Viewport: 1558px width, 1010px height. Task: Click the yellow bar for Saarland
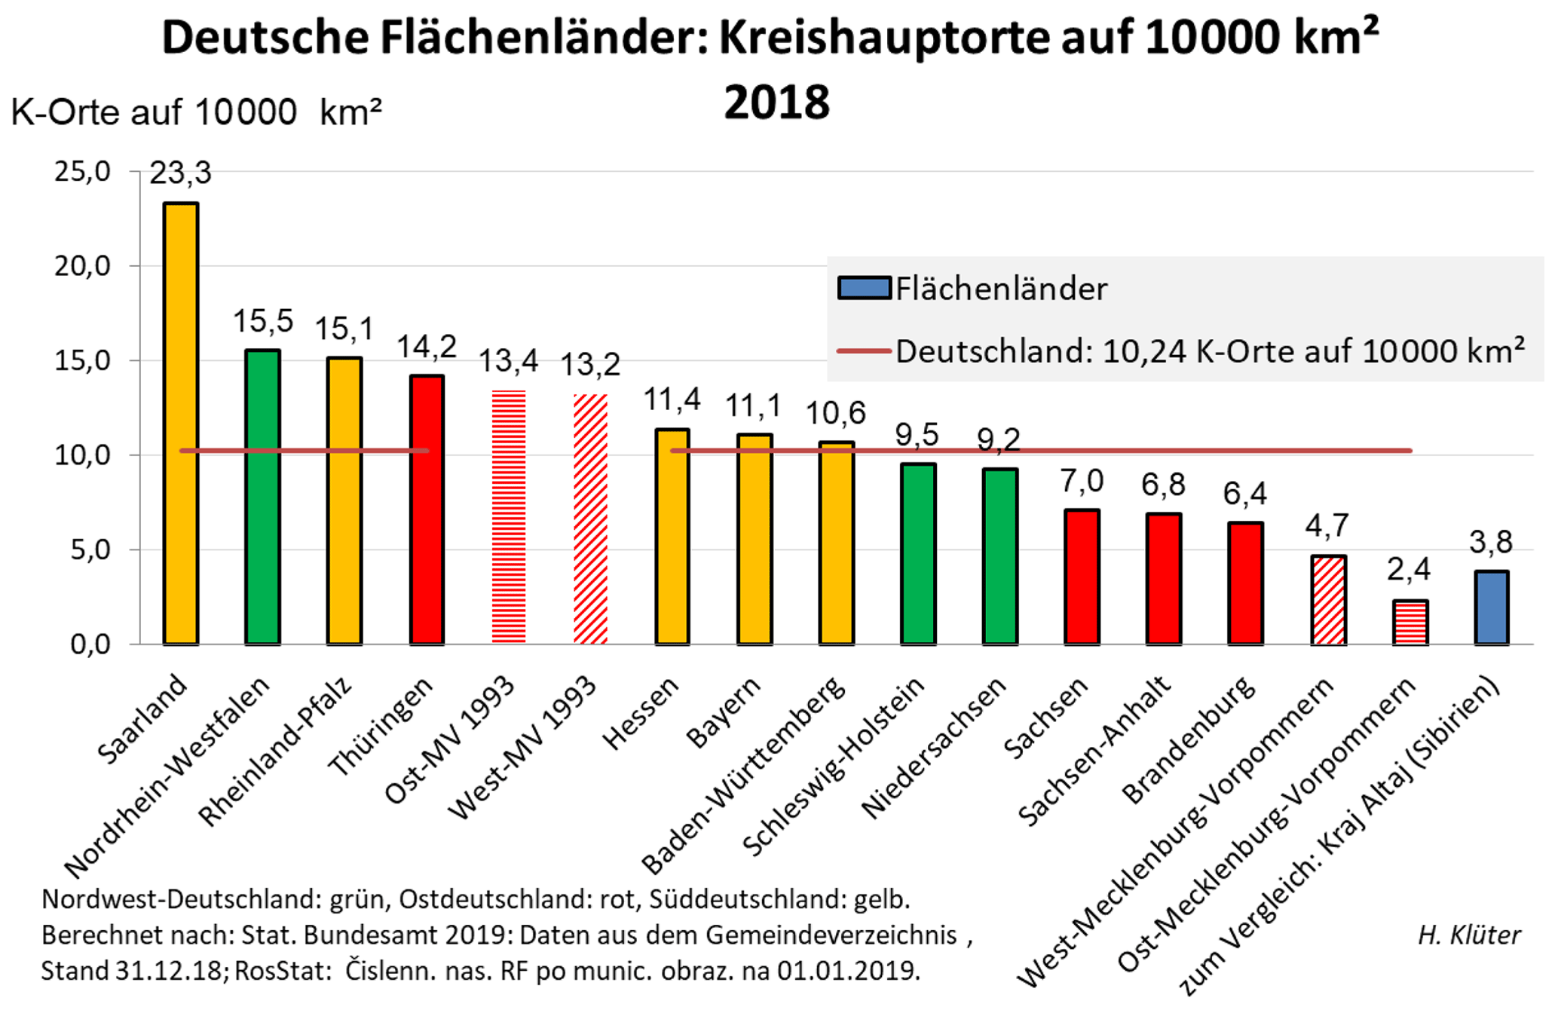tap(181, 423)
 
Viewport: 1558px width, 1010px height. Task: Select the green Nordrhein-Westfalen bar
tap(262, 497)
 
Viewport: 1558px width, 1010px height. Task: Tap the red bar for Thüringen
tap(427, 510)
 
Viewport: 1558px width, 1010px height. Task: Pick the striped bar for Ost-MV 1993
tap(509, 517)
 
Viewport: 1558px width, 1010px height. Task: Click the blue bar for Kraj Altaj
tap(1491, 608)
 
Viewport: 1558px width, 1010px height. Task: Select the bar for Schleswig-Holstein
tap(918, 553)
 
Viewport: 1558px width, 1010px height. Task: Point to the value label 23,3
tap(181, 173)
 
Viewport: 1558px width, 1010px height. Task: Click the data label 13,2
tap(590, 365)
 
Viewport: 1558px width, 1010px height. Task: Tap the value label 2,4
tap(1409, 570)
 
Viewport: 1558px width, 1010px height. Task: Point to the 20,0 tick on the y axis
tap(82, 266)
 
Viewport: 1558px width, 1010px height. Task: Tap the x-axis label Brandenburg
tap(1189, 740)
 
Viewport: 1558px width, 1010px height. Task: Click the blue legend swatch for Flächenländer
tap(865, 288)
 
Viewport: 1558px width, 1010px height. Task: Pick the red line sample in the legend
tap(865, 351)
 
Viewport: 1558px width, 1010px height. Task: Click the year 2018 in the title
tap(776, 103)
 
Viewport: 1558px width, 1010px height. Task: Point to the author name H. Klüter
tap(1469, 935)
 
